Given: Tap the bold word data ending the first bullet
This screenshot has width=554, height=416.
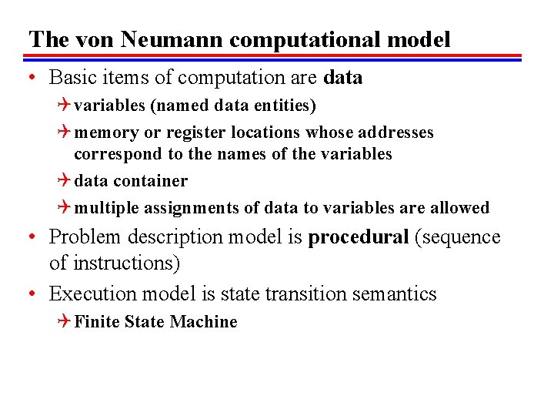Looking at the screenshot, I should (343, 78).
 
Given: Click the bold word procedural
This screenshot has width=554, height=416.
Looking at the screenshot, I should (359, 237).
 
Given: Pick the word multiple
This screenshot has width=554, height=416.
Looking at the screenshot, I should (105, 208).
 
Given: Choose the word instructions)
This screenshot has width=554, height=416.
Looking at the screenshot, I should (125, 263).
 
